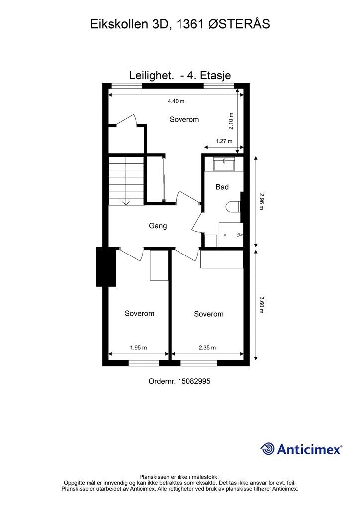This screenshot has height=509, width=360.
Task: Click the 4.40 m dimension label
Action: pos(176,101)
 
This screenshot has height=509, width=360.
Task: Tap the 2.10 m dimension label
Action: pos(231,121)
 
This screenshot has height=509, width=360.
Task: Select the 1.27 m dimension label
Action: pos(224,141)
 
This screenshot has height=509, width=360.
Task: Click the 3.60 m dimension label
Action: pos(261,304)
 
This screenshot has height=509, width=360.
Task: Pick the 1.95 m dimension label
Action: pos(138,347)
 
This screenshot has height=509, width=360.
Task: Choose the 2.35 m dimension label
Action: pos(207,347)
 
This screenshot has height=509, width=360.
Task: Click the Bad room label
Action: pos(222,187)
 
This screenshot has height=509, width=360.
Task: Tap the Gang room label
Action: pos(158,226)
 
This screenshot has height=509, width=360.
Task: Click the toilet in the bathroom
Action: pos(233,207)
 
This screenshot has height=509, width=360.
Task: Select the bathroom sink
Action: pos(225,164)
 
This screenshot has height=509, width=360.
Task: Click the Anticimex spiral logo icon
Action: pos(268,449)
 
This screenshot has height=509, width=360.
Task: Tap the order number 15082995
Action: pos(194,381)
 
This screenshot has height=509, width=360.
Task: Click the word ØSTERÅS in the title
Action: pos(239,24)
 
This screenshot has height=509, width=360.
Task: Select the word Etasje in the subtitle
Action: pos(215,76)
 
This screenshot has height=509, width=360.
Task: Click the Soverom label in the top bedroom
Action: pos(184,119)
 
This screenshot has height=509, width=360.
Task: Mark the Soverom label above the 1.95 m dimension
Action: pos(140,313)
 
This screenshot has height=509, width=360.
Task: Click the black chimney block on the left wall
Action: pos(106,267)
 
